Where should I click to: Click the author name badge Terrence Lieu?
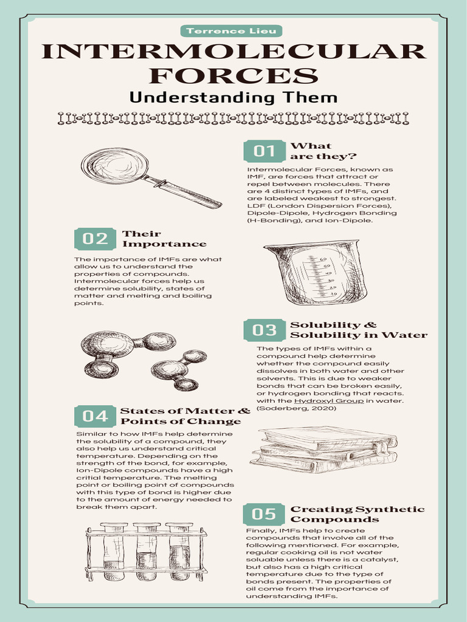point(231,31)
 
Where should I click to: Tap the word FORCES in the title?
point(233,75)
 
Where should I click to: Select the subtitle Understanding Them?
point(233,98)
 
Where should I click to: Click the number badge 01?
point(265,151)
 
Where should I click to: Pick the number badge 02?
point(95,239)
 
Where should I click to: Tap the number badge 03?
point(265,330)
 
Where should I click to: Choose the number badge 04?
point(95,416)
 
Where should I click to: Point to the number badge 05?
point(264,514)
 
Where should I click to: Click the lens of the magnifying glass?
point(115,166)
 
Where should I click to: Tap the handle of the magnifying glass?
point(182,192)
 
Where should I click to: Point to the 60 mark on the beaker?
point(323,259)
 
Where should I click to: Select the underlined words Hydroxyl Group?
point(329,401)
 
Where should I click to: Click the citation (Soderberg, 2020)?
point(297,408)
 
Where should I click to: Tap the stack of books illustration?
point(323,449)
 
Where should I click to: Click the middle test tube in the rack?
point(147,551)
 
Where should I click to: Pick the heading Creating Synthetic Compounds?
point(358,514)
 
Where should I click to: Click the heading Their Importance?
point(164,239)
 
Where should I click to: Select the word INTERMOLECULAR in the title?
point(233,52)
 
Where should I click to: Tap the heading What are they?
point(323,151)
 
